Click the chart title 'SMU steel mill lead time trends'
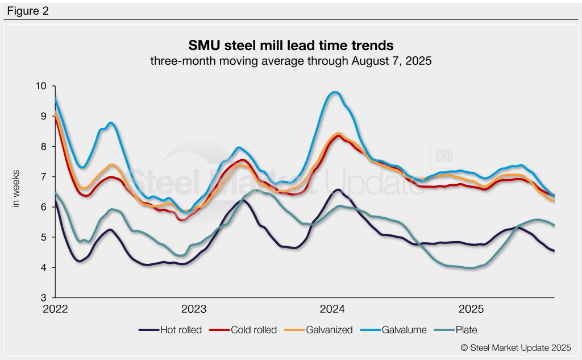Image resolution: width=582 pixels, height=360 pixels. pos(290,44)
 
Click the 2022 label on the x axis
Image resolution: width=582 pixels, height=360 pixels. pos(55,310)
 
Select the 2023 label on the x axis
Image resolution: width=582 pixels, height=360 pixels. pos(194,310)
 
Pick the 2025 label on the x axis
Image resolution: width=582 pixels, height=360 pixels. pos(471,310)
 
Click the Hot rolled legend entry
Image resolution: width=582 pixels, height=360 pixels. pos(171,330)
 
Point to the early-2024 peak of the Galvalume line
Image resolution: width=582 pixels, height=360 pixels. pos(335,92)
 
